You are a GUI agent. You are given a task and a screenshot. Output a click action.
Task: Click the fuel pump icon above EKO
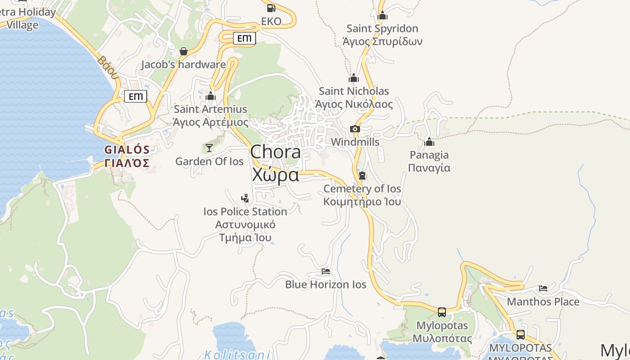pyautogui.click(x=271, y=8)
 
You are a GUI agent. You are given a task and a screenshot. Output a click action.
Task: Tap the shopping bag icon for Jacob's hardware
pyautogui.click(x=184, y=51)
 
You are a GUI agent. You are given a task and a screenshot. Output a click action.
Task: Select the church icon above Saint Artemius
pyautogui.click(x=211, y=96)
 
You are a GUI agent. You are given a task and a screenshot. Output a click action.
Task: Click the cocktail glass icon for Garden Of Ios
pyautogui.click(x=209, y=148)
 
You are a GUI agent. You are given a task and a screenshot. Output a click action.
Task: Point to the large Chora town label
pyautogui.click(x=275, y=152)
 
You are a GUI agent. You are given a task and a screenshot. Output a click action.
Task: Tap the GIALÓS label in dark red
pyautogui.click(x=127, y=150)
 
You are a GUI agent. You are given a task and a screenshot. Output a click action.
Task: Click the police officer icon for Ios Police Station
pyautogui.click(x=245, y=198)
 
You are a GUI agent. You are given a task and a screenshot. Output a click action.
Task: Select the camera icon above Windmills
pyautogui.click(x=355, y=129)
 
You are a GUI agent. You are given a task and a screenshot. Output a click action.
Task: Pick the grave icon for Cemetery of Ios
pyautogui.click(x=362, y=175)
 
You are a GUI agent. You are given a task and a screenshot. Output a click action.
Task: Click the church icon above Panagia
pyautogui.click(x=429, y=142)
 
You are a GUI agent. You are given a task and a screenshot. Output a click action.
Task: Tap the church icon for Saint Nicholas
pyautogui.click(x=354, y=78)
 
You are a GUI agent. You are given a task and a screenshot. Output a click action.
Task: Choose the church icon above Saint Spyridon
pyautogui.click(x=382, y=15)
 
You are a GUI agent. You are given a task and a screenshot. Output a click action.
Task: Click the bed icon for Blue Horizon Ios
pyautogui.click(x=326, y=271)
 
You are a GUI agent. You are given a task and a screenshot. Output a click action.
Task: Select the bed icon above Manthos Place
pyautogui.click(x=543, y=288)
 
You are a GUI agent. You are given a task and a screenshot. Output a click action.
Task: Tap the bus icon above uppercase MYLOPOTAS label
pyautogui.click(x=521, y=335)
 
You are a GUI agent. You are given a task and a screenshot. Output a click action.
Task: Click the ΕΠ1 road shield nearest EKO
pyautogui.click(x=244, y=39)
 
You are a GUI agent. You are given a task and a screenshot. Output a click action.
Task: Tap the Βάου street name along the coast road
pyautogui.click(x=108, y=67)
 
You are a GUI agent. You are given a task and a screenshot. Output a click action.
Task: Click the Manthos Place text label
pyautogui.click(x=543, y=301)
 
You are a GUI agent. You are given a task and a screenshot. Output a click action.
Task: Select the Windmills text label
pyautogui.click(x=355, y=142)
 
